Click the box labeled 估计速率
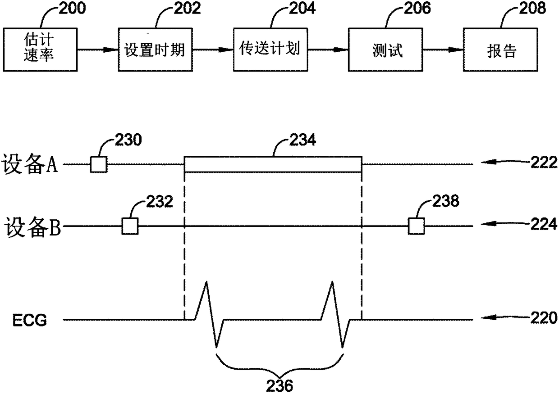[40, 50]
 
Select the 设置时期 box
[155, 50]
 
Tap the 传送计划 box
[270, 50]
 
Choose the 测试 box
[385, 50]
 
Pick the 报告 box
[500, 50]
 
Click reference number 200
[72, 8]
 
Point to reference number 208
[532, 8]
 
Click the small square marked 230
[99, 164]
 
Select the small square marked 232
[130, 226]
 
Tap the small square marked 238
[416, 226]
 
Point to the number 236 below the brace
[279, 385]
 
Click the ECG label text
[30, 321]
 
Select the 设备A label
[30, 164]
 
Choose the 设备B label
[32, 226]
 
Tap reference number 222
[544, 163]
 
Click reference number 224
[544, 224]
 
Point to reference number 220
[544, 318]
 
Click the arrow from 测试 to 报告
[443, 50]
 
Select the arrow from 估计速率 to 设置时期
[98, 50]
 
